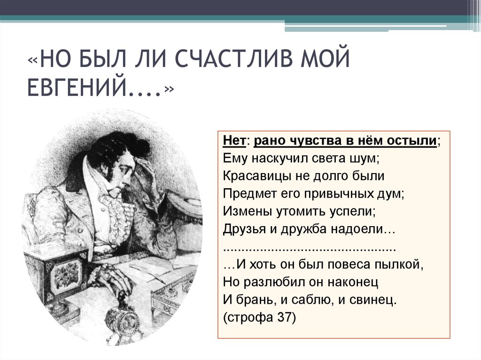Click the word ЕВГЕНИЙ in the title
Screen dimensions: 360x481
tap(92, 88)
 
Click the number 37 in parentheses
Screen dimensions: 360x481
tap(283, 317)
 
